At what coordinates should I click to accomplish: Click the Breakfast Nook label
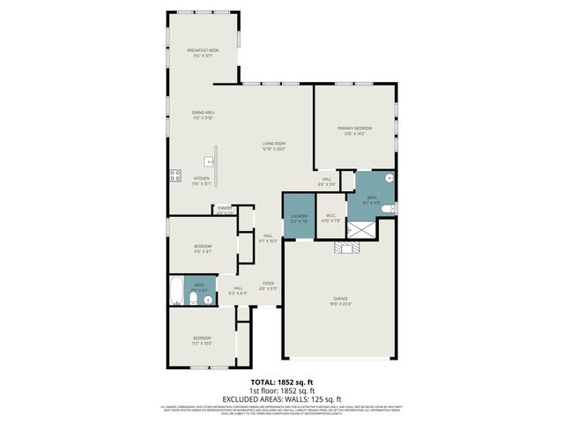pos(204,53)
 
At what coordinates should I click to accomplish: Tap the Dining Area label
pos(204,115)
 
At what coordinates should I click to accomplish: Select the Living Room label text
pos(274,145)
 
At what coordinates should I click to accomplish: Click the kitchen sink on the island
pos(208,161)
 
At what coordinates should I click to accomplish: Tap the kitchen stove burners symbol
pos(174,174)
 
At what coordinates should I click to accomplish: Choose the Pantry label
pos(225,209)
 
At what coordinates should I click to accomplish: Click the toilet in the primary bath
pos(389,209)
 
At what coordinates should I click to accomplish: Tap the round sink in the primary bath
pos(388,177)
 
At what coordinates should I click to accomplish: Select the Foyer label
pos(268,286)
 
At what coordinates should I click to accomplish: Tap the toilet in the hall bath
pos(194,301)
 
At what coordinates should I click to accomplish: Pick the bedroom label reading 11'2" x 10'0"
pos(203,341)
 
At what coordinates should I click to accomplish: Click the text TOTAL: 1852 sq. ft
pos(281,382)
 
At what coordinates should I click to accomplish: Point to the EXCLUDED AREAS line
pos(281,399)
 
